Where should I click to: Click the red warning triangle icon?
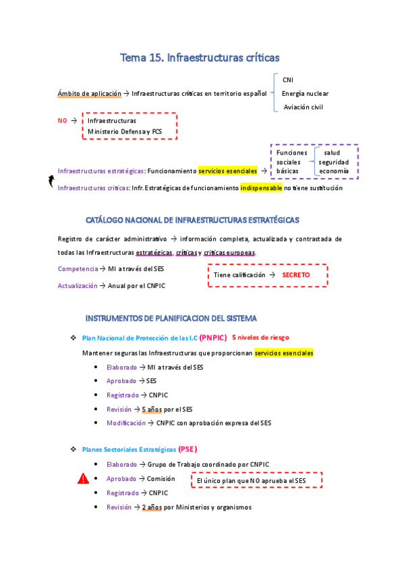[x=83, y=480]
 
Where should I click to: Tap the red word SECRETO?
[x=296, y=275]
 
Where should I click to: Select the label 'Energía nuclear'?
[x=305, y=93]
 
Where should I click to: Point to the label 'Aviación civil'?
[x=304, y=107]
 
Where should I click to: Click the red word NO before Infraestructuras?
[x=63, y=120]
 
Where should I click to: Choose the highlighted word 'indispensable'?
[x=261, y=188]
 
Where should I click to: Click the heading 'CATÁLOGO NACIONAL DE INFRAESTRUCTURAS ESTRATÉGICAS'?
[x=193, y=220]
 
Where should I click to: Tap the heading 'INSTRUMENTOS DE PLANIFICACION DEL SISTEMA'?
[x=180, y=318]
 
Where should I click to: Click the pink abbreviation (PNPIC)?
[x=212, y=338]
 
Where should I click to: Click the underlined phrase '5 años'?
[x=152, y=409]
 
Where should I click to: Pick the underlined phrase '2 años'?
[x=152, y=507]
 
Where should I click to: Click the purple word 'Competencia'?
[x=78, y=269]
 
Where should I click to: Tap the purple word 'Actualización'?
[x=78, y=286]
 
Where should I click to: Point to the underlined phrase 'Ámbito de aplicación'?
[x=89, y=93]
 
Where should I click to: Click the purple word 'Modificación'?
[x=125, y=423]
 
